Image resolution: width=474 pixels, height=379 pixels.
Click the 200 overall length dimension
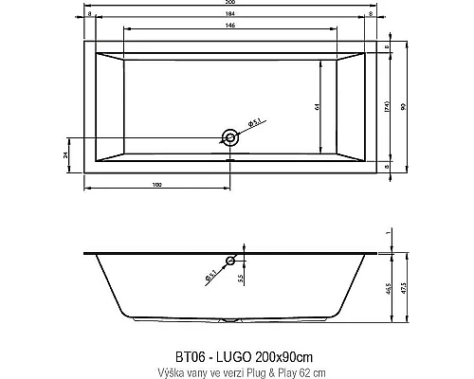230,5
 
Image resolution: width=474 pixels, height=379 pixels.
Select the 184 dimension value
230,16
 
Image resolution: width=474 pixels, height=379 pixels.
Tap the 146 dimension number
230,27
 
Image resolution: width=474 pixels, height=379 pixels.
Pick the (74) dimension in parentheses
387,107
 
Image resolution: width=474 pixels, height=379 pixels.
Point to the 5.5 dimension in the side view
243,280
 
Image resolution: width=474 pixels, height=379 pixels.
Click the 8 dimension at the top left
88,16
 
